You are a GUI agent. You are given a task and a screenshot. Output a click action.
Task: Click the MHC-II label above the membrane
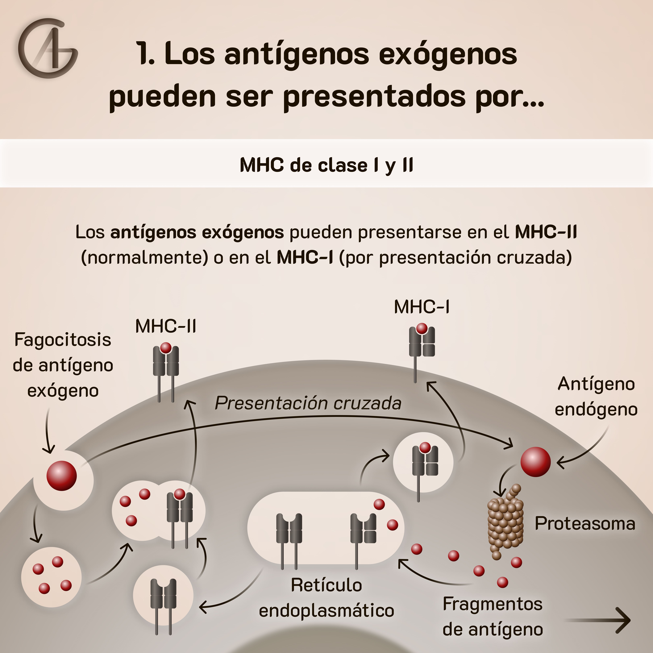coord(166,326)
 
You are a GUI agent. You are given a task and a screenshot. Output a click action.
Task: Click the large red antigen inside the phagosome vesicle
coord(61,476)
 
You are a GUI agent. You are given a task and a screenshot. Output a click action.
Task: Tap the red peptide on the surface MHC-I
coord(421,328)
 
